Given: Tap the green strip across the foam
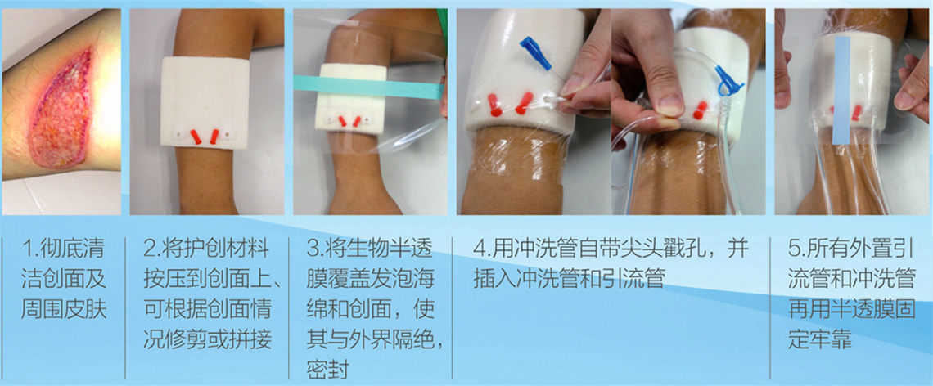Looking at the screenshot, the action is tap(369, 88).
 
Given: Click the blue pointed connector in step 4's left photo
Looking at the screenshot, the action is tap(535, 52).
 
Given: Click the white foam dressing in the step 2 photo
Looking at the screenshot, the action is tap(197, 104).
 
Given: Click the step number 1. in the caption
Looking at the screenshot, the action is tap(30, 248).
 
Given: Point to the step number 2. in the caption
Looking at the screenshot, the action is tap(154, 248).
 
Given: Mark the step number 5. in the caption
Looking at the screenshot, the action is tap(797, 248).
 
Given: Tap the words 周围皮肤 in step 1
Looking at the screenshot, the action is tap(65, 309).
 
